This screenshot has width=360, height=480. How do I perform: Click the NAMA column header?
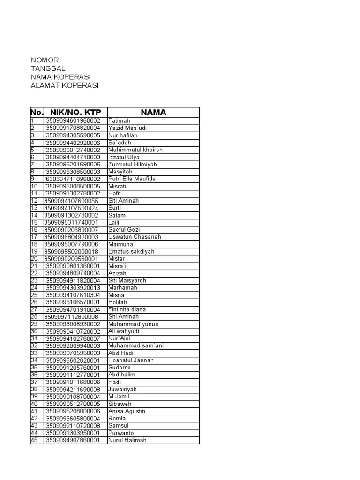(x=153, y=112)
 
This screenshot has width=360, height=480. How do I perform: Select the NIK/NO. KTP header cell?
(x=75, y=112)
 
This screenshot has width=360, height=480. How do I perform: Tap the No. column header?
(x=37, y=112)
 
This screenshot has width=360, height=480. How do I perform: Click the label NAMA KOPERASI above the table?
(x=60, y=77)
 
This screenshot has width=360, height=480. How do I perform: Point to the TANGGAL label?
(x=48, y=68)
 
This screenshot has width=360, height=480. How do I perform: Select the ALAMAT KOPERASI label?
(x=65, y=85)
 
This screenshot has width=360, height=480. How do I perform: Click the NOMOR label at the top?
(x=45, y=60)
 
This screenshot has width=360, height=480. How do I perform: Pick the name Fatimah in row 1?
(x=120, y=121)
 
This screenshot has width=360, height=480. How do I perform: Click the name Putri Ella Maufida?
(x=132, y=179)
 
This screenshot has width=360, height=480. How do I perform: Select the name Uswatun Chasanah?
(x=135, y=237)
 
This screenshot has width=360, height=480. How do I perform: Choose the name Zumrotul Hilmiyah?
(x=133, y=165)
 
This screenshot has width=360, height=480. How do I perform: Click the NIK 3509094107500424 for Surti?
(x=71, y=208)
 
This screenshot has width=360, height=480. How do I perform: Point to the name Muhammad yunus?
(x=133, y=324)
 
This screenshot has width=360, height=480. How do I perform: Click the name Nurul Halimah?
(x=127, y=440)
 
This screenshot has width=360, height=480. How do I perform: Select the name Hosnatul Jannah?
(x=130, y=360)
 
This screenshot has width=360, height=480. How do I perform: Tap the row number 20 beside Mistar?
(x=34, y=259)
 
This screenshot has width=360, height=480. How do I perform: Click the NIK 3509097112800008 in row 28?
(x=71, y=317)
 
